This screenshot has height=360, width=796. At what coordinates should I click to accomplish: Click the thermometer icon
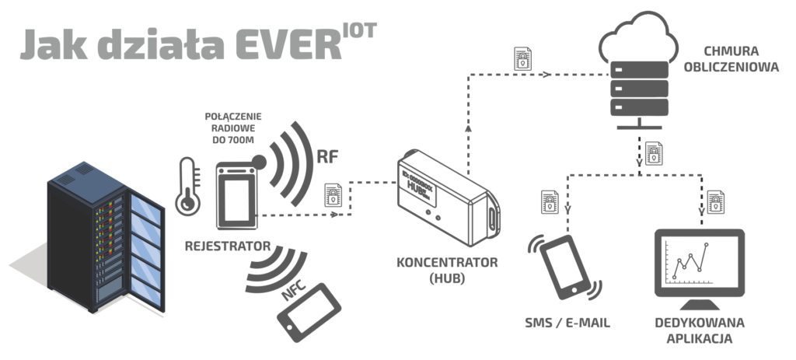click(187, 186)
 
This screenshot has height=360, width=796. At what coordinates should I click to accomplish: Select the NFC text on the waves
click(295, 293)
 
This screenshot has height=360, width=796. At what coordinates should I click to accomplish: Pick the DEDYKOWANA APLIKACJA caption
click(700, 330)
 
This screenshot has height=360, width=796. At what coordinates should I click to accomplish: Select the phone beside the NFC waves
click(310, 312)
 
